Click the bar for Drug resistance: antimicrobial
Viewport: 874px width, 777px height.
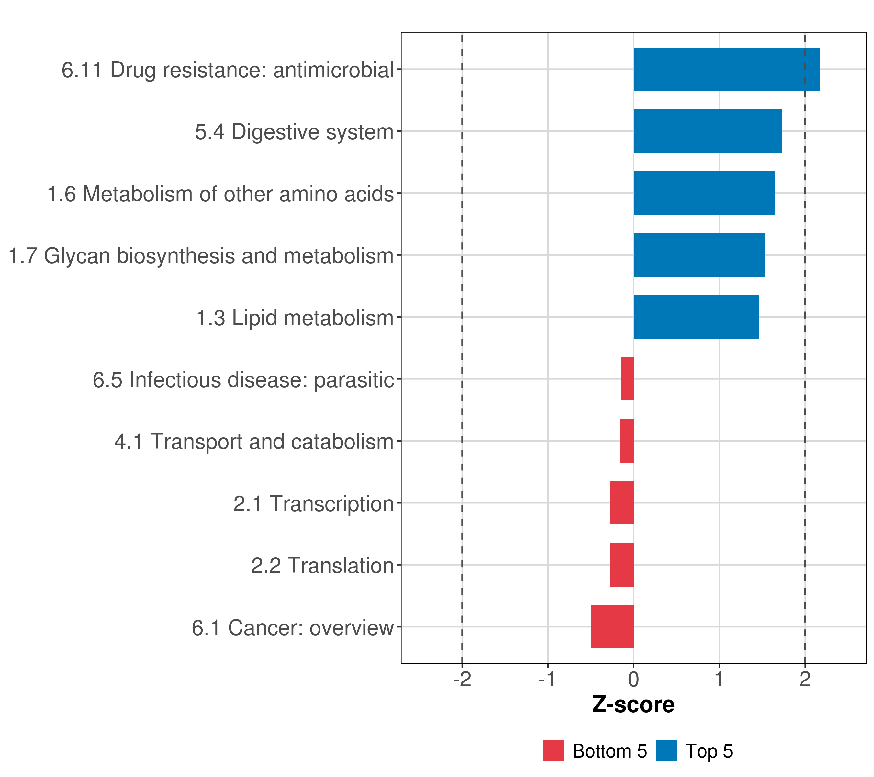(x=726, y=69)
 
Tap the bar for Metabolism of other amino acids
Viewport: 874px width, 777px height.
(x=704, y=193)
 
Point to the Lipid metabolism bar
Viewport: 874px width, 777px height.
(x=696, y=317)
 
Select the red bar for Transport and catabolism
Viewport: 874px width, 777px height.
(x=626, y=441)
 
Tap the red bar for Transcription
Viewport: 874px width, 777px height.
(x=622, y=503)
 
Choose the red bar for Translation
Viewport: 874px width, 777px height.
(x=622, y=565)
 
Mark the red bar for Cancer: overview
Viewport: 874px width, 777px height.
(x=612, y=627)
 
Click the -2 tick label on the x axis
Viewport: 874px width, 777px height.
(x=462, y=680)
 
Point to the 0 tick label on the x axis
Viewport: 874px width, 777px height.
(x=634, y=680)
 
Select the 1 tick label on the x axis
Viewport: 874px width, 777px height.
(x=719, y=680)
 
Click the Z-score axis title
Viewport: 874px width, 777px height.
(x=633, y=705)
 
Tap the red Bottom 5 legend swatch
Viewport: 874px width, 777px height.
(x=553, y=750)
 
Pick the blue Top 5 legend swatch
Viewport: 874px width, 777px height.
(x=666, y=750)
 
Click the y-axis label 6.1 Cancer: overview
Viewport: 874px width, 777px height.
(x=293, y=628)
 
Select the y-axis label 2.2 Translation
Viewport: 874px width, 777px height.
(x=322, y=565)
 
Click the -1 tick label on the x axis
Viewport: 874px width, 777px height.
(x=547, y=680)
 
